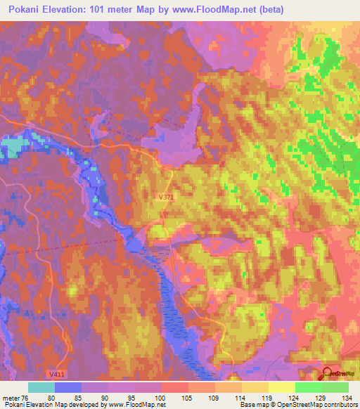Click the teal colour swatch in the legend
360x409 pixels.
click(x=41, y=387)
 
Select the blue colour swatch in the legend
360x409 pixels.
click(x=68, y=387)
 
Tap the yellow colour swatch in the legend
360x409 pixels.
click(x=281, y=387)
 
